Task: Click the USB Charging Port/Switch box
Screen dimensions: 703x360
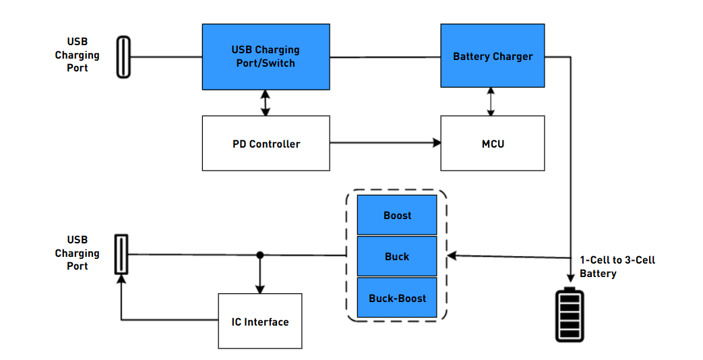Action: tap(266, 57)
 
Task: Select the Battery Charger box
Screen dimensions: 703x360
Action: tap(493, 55)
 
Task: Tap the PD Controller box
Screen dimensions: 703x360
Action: tap(266, 144)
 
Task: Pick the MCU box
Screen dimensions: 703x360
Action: tap(493, 144)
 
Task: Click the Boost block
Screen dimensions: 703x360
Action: tap(397, 215)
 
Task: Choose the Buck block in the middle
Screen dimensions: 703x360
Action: tap(397, 256)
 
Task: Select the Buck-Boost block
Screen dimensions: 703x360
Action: tap(397, 298)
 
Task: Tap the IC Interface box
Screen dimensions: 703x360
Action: tap(260, 321)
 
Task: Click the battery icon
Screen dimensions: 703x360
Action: tap(570, 315)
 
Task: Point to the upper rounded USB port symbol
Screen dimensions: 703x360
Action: tap(124, 57)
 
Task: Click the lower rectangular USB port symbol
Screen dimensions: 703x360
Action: tap(121, 254)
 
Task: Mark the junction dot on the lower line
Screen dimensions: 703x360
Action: tap(260, 255)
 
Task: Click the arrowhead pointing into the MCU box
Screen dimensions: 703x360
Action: tap(437, 143)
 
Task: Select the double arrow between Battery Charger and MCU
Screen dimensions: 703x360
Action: tap(491, 102)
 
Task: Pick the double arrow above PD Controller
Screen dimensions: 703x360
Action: tap(266, 103)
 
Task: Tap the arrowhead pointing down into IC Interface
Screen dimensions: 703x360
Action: tap(260, 289)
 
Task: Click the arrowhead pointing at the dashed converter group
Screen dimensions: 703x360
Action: tap(452, 256)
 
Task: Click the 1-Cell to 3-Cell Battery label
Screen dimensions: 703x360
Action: tap(617, 267)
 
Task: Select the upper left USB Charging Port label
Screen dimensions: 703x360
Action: tap(77, 55)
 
